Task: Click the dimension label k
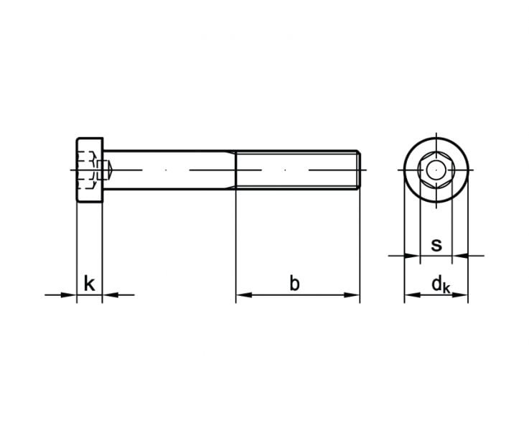click(89, 283)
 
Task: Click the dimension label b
click(294, 283)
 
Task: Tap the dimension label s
click(436, 245)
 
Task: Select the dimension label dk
click(441, 284)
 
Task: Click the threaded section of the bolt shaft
click(298, 170)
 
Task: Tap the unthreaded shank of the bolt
click(169, 170)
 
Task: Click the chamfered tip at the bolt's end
click(359, 170)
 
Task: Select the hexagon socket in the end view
click(420, 170)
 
